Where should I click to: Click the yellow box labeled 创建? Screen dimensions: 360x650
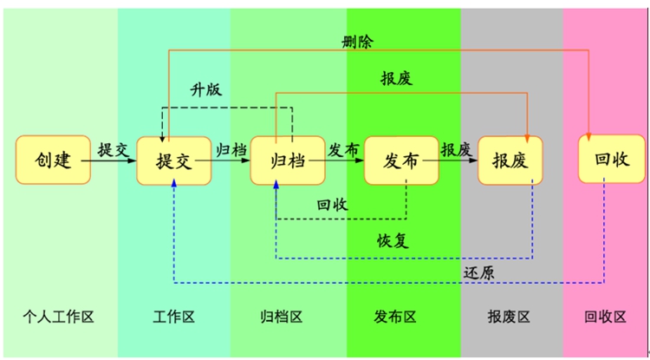(53, 160)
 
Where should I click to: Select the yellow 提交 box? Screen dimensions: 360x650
(174, 160)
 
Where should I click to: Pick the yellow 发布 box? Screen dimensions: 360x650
(401, 160)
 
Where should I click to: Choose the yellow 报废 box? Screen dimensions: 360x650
(510, 160)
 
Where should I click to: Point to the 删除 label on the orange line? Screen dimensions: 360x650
(358, 40)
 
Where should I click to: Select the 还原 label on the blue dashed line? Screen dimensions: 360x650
(479, 272)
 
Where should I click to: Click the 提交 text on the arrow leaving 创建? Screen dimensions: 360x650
(114, 148)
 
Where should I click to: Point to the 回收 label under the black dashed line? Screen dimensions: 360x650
(332, 205)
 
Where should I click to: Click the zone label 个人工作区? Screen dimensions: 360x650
(58, 317)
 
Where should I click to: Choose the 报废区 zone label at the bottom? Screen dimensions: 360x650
(510, 317)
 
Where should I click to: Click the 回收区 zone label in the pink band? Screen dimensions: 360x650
(606, 317)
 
